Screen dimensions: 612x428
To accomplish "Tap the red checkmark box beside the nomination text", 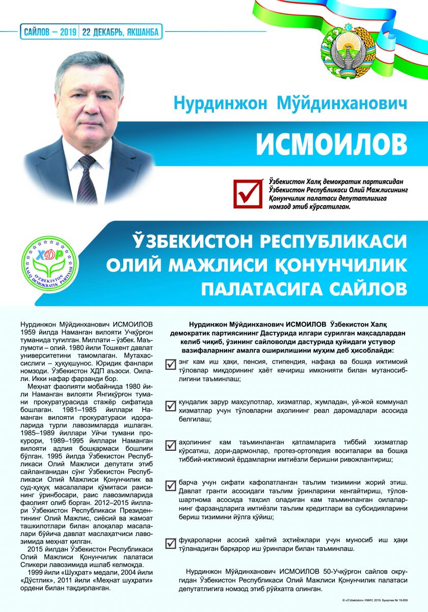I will pos(246,193).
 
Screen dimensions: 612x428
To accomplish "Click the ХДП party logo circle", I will pos(49,263).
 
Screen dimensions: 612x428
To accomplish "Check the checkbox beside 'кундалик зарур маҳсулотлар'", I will pos(171,405).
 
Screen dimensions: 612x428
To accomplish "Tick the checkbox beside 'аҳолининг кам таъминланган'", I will pos(171,445).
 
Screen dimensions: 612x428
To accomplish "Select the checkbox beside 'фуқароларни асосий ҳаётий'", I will pos(171,543).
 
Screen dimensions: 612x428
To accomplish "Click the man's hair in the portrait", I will pos(92,66).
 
